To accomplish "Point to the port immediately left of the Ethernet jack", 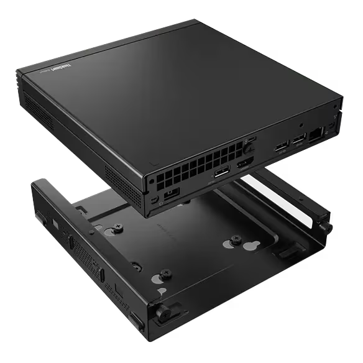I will click(x=300, y=138).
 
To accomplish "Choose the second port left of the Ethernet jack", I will click(x=280, y=147).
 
